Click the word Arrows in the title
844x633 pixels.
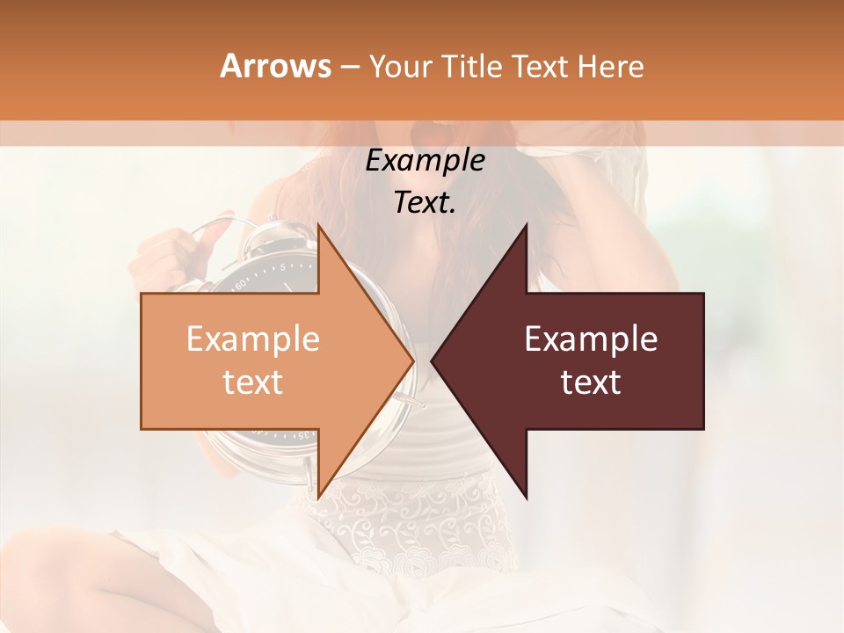[x=275, y=66]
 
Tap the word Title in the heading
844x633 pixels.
[x=469, y=66]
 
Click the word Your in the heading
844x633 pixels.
[x=401, y=67]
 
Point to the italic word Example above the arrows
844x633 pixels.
[x=426, y=161]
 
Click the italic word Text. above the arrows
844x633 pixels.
[x=426, y=203]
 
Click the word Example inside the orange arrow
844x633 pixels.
[x=253, y=339]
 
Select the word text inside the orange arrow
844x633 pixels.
[x=253, y=382]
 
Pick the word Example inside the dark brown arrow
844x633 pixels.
[x=591, y=339]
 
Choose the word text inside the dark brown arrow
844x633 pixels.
[x=591, y=382]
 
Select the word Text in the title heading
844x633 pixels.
[x=542, y=66]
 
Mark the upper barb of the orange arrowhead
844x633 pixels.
[x=318, y=226]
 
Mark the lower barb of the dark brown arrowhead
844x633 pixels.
[x=526, y=498]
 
